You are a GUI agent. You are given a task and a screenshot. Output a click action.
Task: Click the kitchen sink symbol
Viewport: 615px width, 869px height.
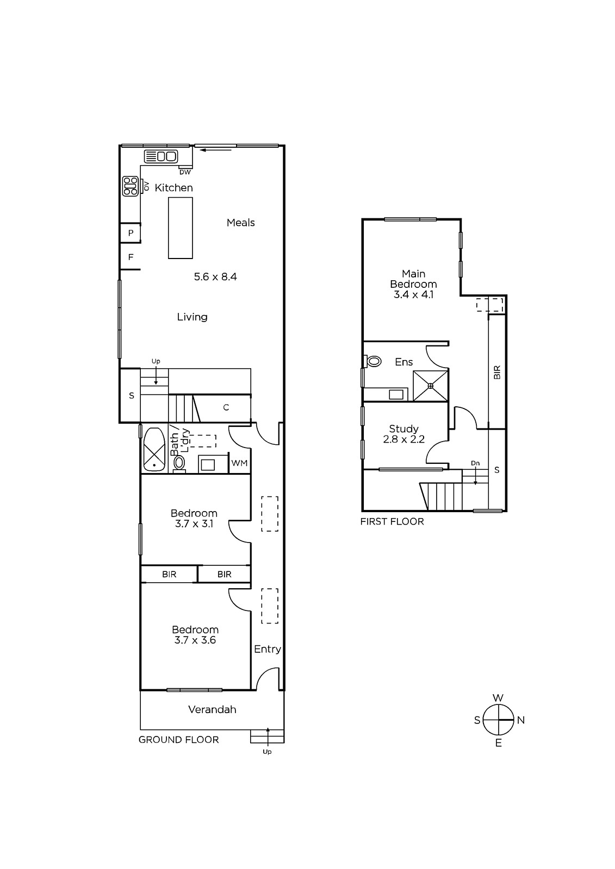[x=161, y=156]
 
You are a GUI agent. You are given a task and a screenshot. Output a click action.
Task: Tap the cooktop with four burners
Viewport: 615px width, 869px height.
[x=130, y=186]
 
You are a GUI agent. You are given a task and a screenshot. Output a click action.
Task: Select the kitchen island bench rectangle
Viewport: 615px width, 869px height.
[x=181, y=228]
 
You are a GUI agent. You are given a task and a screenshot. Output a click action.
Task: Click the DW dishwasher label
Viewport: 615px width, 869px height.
[x=185, y=172]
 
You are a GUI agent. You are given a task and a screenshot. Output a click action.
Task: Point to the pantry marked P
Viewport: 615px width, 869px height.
[x=131, y=233]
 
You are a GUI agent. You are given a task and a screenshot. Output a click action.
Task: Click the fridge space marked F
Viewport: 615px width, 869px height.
[x=131, y=257]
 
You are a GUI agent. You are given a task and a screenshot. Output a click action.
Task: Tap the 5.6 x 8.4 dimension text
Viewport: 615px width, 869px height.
[x=215, y=276]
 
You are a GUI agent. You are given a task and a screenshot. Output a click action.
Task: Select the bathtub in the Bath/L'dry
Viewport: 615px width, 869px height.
[x=154, y=450]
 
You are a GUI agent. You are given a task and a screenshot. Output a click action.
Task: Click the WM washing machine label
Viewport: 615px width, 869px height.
[x=239, y=463]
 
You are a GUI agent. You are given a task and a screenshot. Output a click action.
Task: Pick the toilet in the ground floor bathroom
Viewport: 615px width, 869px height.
[x=179, y=464]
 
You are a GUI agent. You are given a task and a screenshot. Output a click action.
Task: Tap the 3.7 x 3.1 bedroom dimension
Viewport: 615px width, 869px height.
[x=194, y=524]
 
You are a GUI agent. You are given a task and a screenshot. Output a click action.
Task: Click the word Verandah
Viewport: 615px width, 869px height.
[x=212, y=709]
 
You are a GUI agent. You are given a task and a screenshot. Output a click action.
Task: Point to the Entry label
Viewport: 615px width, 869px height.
[x=268, y=649]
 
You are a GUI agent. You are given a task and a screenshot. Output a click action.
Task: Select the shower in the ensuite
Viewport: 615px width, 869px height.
[x=431, y=386]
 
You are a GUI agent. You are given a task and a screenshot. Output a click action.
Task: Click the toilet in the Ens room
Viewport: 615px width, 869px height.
[x=372, y=362]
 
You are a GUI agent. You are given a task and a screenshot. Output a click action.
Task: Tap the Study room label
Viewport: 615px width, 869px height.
[x=403, y=429]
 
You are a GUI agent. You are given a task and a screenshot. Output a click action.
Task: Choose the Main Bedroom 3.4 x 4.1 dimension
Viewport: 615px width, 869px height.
[x=413, y=294]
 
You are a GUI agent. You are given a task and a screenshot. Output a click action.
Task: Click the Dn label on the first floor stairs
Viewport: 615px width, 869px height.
[x=475, y=463]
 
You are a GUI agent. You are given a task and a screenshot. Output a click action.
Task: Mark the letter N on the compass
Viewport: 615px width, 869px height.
[x=521, y=720]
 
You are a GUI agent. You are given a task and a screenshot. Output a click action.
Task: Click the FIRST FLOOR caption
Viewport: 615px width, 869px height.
[x=392, y=521]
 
